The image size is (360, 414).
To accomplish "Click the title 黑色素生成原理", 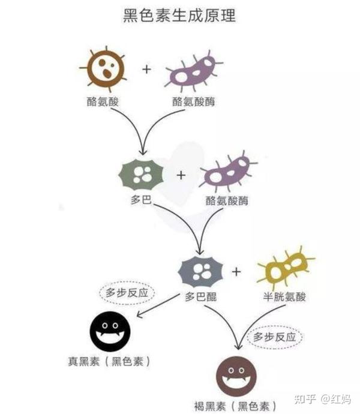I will [179, 15].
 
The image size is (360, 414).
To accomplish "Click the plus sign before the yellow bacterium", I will [236, 272].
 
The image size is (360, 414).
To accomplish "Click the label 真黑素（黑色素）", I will [108, 362].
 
